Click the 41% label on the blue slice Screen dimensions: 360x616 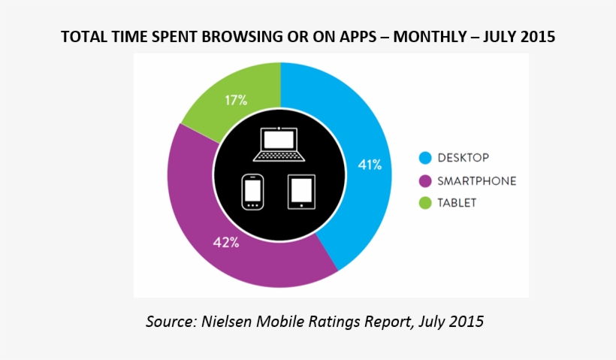(370, 163)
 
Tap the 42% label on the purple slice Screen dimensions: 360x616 (227, 242)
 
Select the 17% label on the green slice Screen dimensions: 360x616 (236, 99)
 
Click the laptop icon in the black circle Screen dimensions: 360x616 (279, 145)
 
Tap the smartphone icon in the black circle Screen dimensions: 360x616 (252, 192)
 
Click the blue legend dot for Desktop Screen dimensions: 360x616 (425, 158)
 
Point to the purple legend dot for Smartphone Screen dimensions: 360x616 (425, 180)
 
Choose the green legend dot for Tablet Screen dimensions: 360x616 (425, 203)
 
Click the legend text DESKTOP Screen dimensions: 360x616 (464, 158)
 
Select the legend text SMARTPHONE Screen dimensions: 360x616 (477, 180)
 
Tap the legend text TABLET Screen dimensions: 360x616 (457, 203)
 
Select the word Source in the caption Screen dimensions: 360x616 (168, 322)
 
